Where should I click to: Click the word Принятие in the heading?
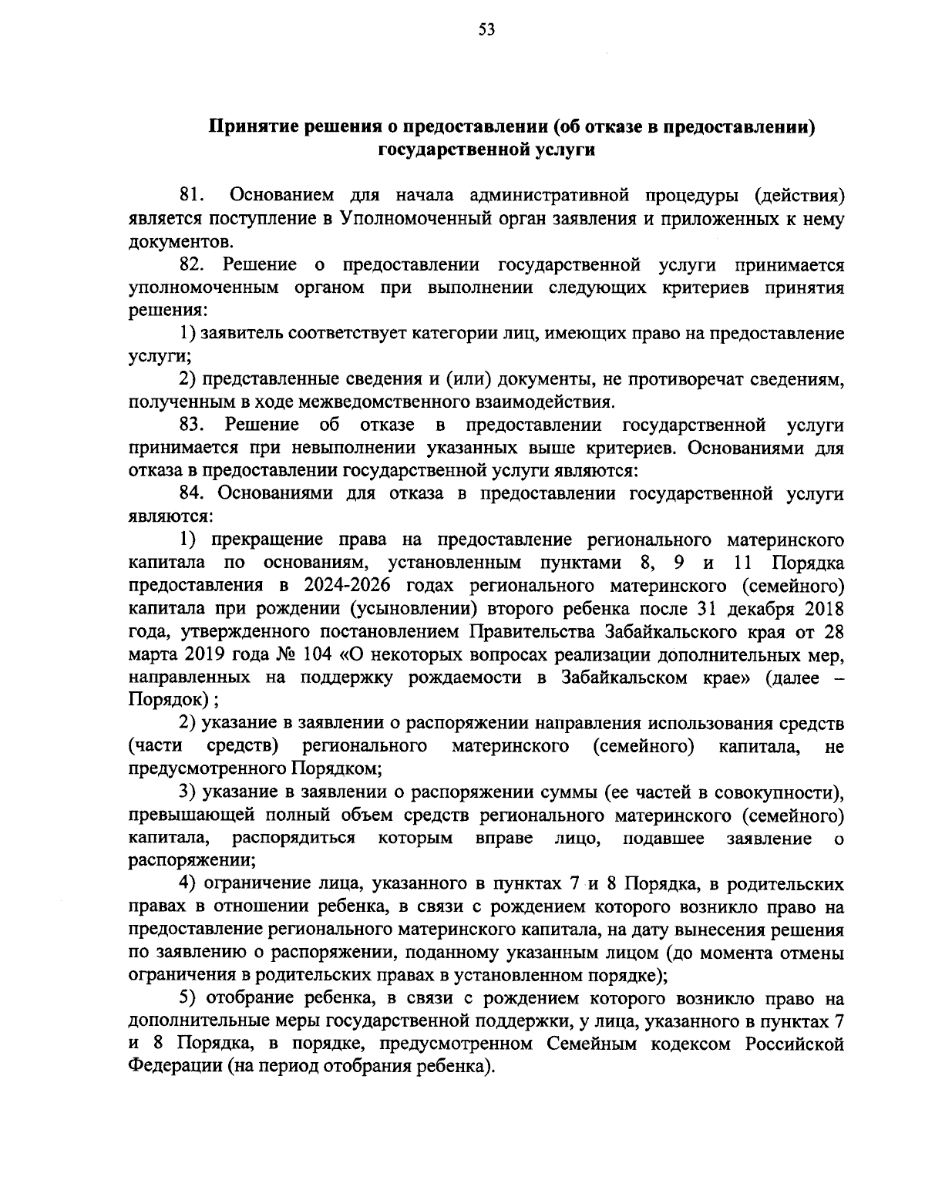(x=247, y=126)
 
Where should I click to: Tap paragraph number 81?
(x=190, y=196)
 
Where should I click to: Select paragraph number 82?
(x=190, y=265)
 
